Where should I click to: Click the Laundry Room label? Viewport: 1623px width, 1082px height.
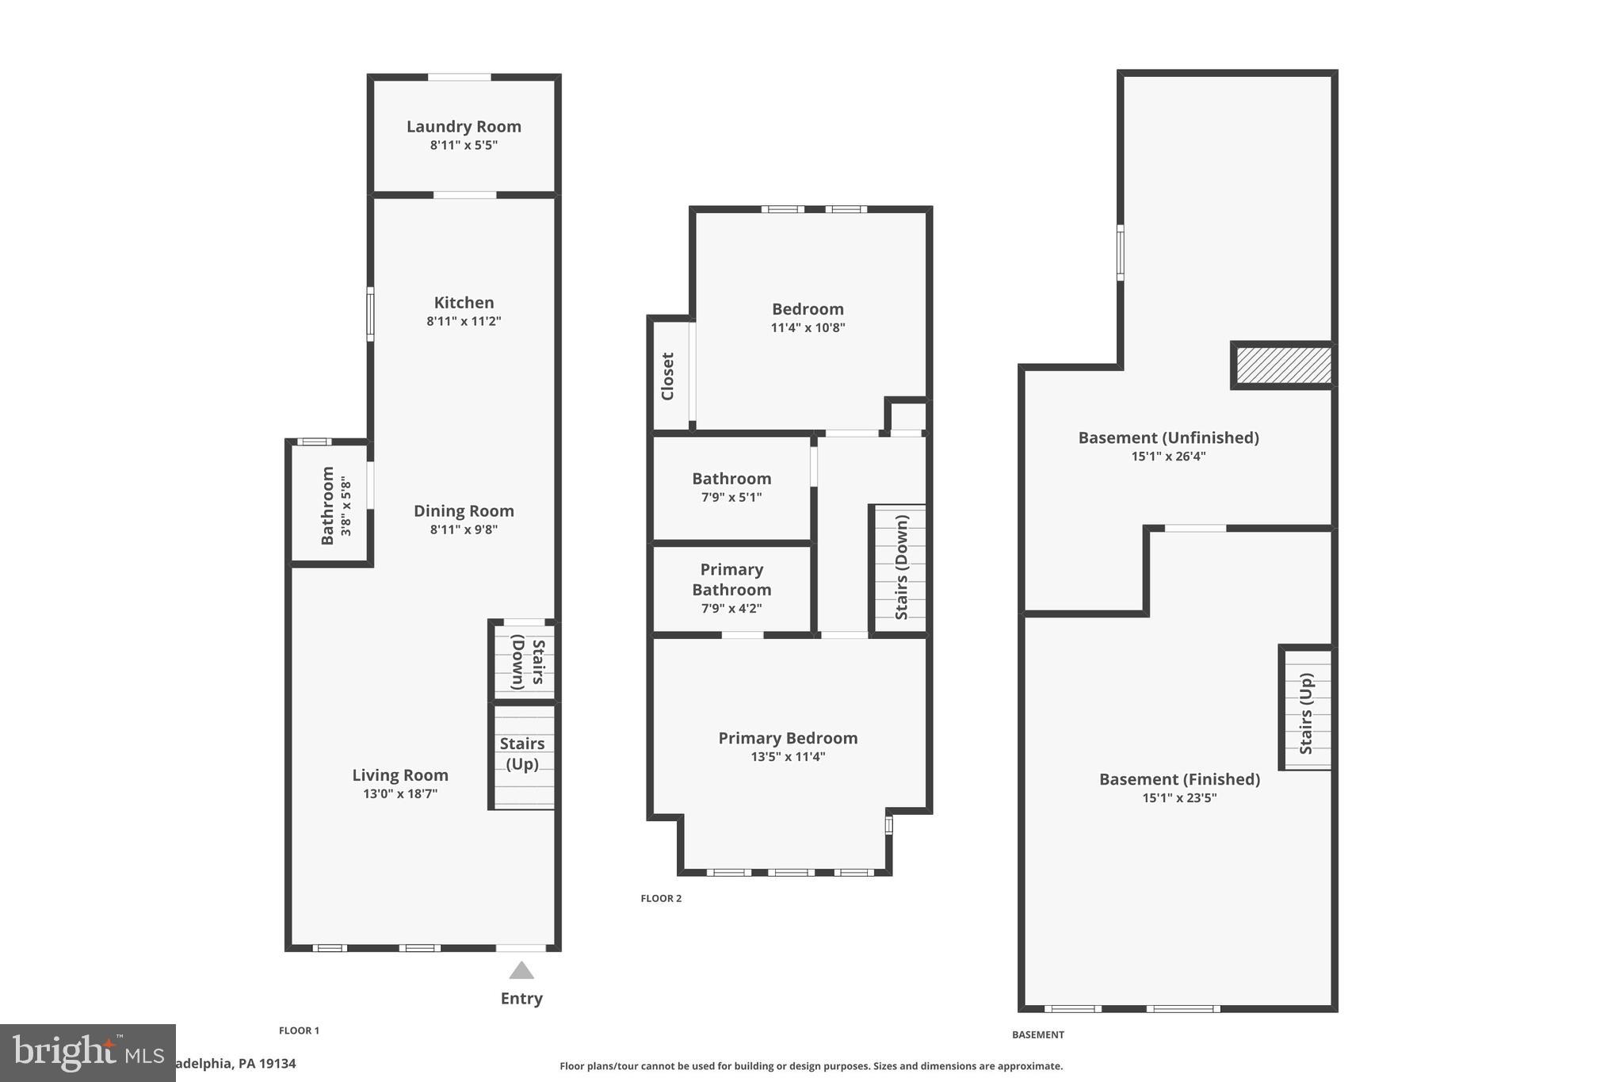pos(464,127)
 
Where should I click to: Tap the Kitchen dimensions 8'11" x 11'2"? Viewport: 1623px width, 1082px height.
pos(464,321)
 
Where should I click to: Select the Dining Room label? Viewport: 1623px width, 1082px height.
pos(464,511)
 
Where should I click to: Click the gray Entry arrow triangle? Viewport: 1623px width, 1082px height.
pos(521,971)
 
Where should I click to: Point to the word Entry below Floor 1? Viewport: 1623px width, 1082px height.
pos(521,998)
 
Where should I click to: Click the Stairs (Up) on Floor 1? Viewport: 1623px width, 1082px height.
pos(522,754)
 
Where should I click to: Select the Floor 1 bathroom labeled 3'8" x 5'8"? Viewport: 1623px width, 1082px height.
pos(328,506)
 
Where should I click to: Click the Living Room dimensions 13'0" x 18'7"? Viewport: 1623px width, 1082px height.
pos(400,793)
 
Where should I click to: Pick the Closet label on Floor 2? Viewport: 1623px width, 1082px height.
pos(667,377)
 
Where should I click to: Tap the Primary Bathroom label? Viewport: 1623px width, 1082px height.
pos(731,579)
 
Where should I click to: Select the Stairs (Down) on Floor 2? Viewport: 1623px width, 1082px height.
pos(901,567)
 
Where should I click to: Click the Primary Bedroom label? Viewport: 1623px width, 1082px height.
pos(788,738)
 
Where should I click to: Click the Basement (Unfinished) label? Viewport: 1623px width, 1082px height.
pos(1168,438)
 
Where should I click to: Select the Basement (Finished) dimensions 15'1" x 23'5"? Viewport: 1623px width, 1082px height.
pos(1179,798)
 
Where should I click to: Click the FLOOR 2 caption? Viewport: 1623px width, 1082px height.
pos(661,898)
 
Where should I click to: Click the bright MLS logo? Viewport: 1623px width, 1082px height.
pos(87,1053)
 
